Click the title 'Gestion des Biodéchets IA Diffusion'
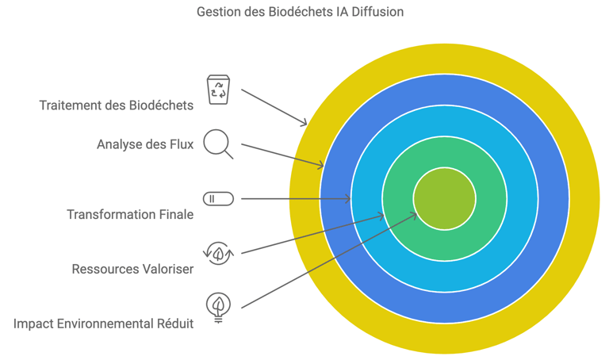[x=300, y=12]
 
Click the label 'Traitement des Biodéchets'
[x=117, y=105]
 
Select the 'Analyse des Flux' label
[x=145, y=144]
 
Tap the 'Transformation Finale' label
[x=130, y=214]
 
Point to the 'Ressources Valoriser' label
[x=132, y=269]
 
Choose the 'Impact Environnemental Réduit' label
[x=104, y=324]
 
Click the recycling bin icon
[x=218, y=89]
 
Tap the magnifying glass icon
[x=217, y=144]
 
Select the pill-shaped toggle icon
[x=218, y=198]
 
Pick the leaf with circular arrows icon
[x=218, y=253]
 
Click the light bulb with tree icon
[x=218, y=307]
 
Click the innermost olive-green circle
[x=444, y=198]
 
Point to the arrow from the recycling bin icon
[x=274, y=107]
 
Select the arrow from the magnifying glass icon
[x=282, y=155]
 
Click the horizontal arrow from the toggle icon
[x=295, y=198]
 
